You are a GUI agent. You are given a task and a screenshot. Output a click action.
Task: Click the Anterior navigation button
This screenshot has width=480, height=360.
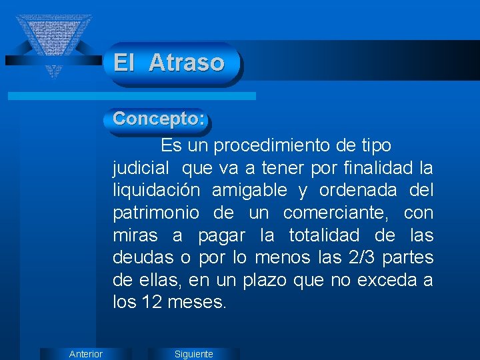pyautogui.click(x=86, y=354)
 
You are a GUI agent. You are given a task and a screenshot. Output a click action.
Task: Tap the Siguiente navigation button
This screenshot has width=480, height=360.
pyautogui.click(x=193, y=354)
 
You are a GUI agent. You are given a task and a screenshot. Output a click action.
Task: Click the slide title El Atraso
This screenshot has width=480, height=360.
pyautogui.click(x=169, y=63)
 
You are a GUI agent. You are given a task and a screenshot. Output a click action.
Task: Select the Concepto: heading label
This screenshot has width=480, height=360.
pyautogui.click(x=159, y=119)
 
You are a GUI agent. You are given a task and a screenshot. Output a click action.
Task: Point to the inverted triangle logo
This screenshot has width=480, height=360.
pyautogui.click(x=53, y=40)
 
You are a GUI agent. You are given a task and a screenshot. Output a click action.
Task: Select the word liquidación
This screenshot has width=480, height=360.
pyautogui.click(x=156, y=191)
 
